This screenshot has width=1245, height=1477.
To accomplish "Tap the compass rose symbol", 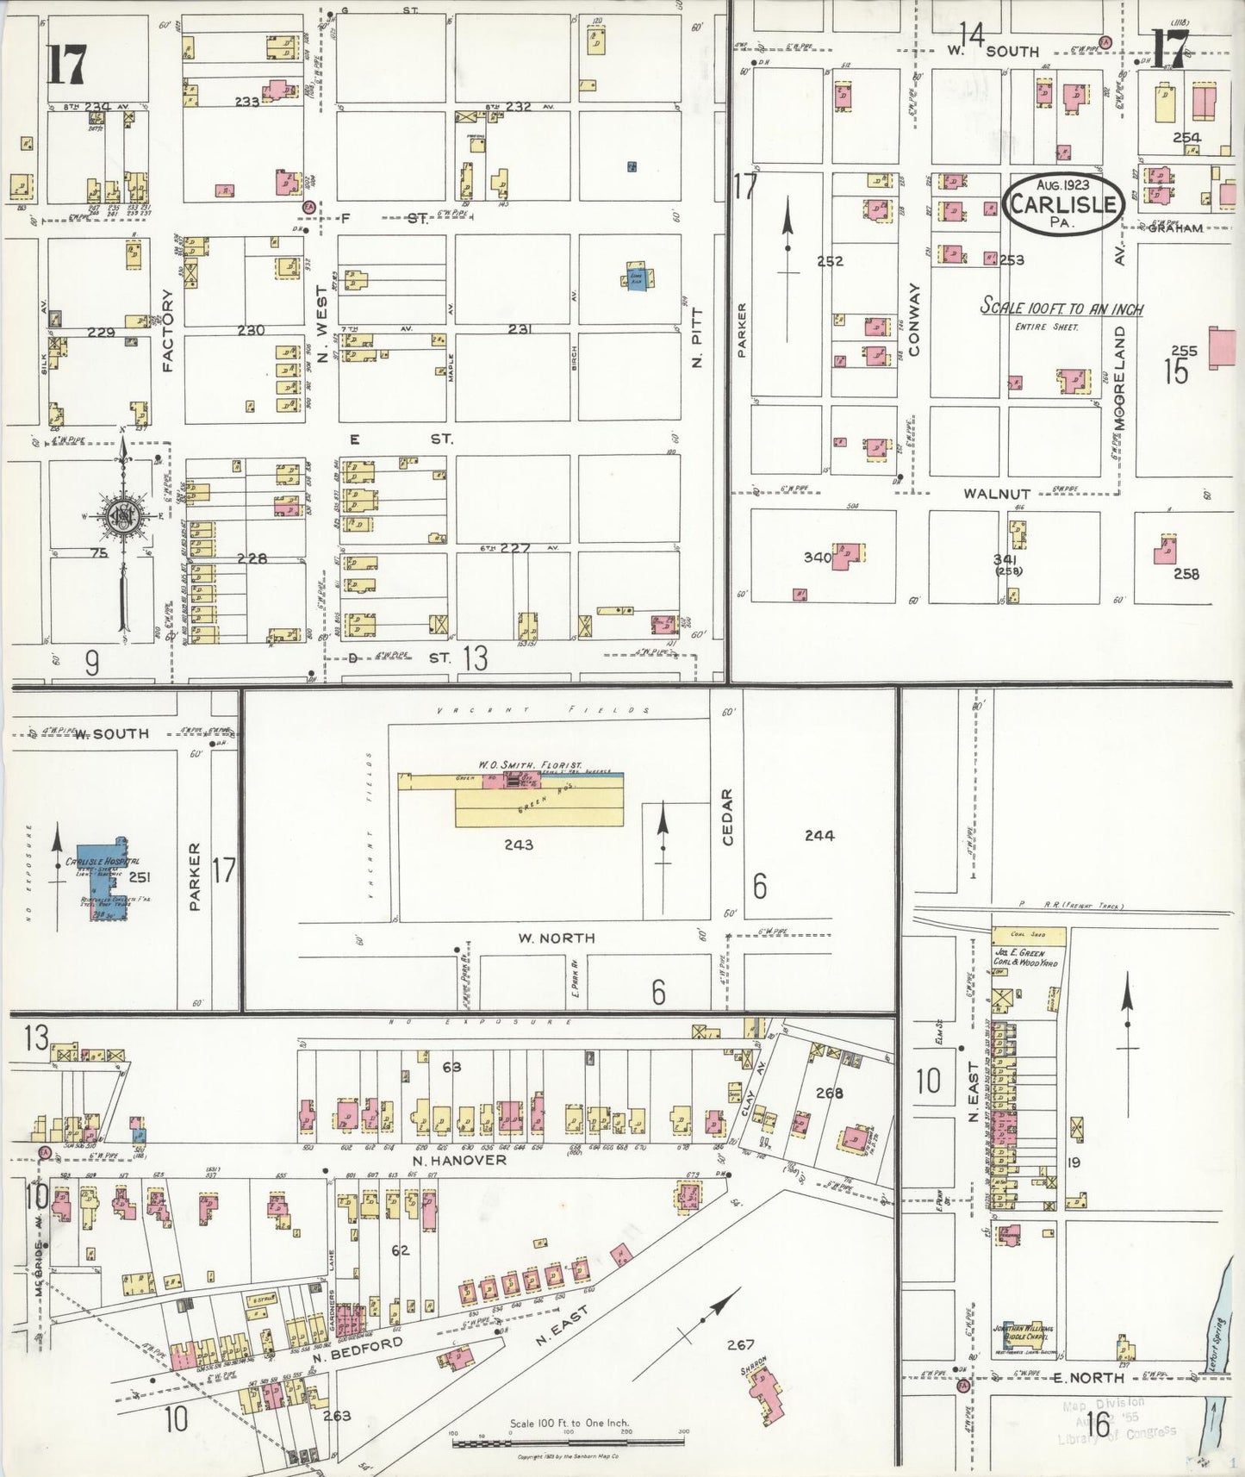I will click(x=121, y=516).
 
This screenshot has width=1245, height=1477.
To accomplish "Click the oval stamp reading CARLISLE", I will click(x=1064, y=203).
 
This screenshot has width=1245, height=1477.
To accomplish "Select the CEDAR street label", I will click(x=728, y=816).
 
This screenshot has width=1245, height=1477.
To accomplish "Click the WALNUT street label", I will click(x=997, y=494).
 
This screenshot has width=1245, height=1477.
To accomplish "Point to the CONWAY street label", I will click(x=914, y=319).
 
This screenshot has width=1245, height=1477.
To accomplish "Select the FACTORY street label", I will click(x=168, y=330).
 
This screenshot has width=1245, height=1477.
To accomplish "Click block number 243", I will click(x=519, y=844).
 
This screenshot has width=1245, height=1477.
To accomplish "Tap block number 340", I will click(x=817, y=558).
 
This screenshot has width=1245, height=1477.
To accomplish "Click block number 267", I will click(x=740, y=1343).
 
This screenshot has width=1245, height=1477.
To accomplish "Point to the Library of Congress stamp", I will click(x=1117, y=1425).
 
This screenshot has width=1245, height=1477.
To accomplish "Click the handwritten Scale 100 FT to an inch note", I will click(x=1061, y=308).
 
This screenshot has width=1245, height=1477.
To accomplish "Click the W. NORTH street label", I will click(x=556, y=938).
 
